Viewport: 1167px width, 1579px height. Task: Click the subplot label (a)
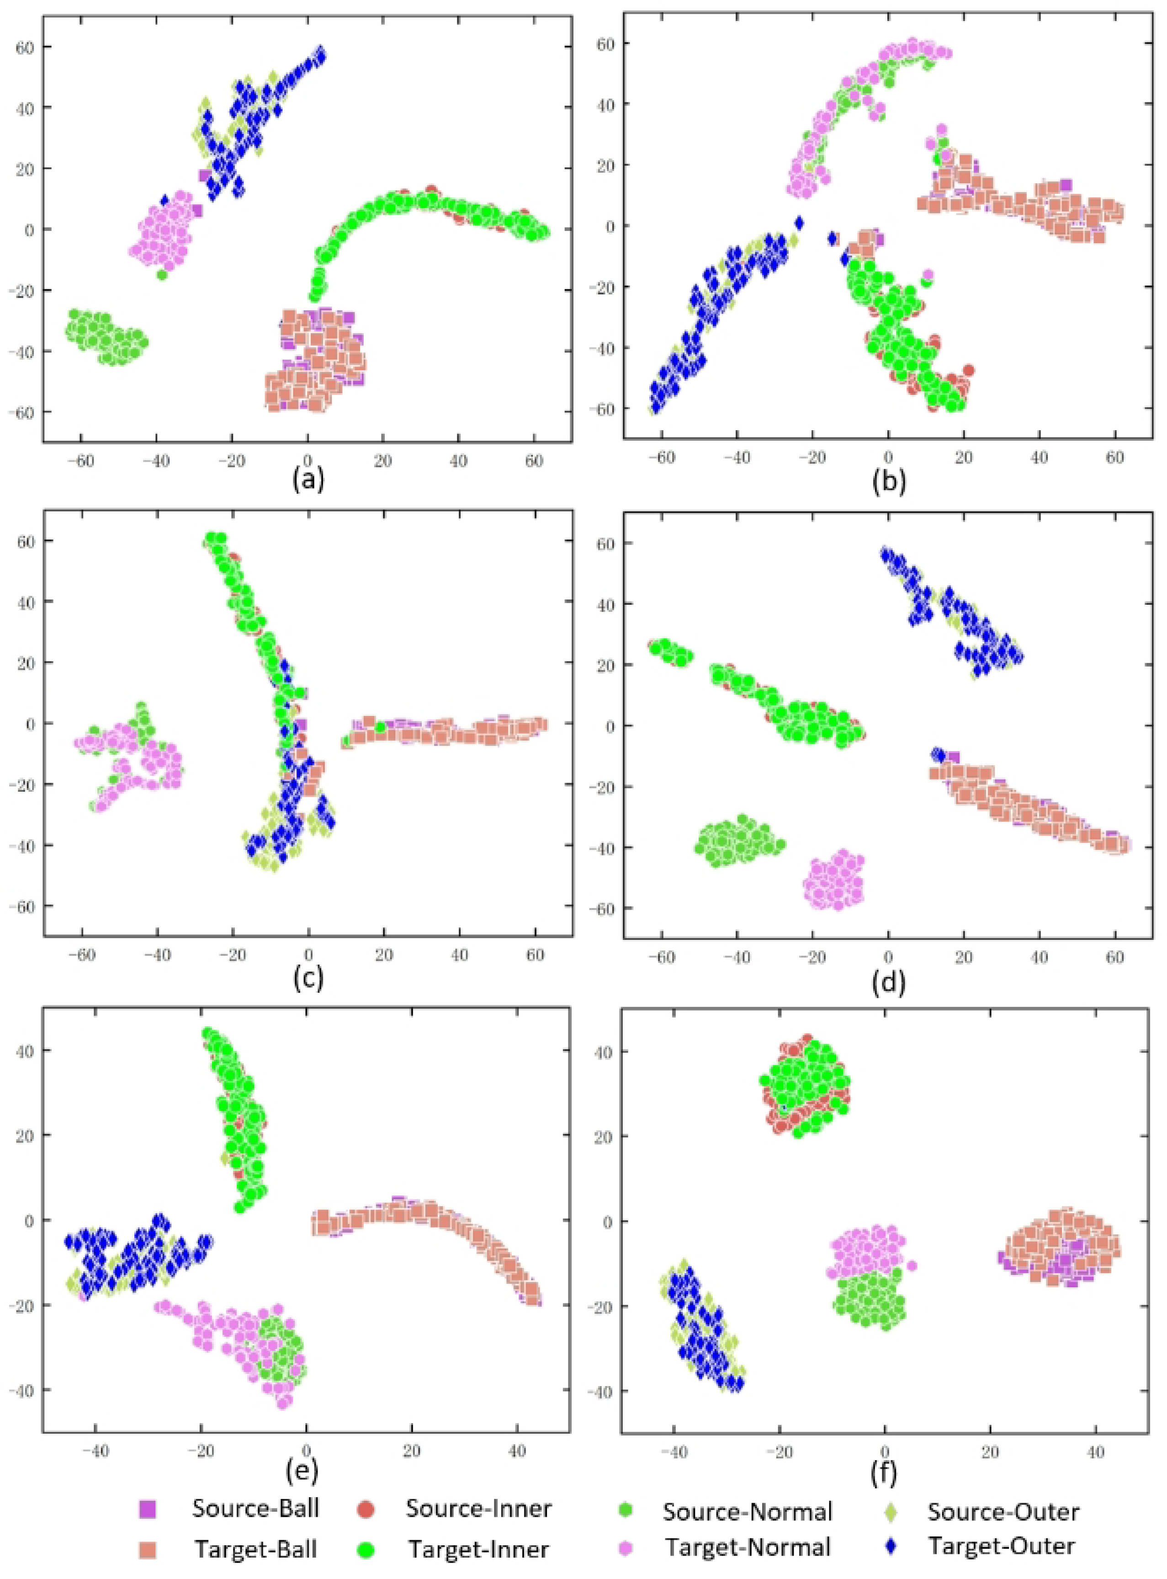point(308,480)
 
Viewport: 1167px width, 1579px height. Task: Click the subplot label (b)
point(889,480)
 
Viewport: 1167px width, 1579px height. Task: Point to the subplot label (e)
point(301,1470)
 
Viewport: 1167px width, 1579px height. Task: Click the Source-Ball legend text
point(256,1508)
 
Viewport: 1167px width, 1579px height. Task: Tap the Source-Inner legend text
point(478,1508)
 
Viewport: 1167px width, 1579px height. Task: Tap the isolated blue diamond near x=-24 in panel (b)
point(799,223)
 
